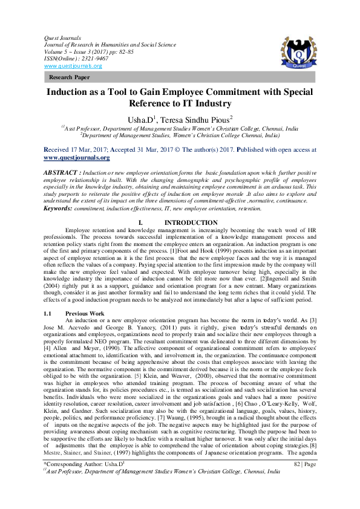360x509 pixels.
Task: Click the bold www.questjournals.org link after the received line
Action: pos(77,157)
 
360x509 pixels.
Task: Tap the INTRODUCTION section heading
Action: pos(191,222)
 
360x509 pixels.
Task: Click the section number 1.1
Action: pos(50,314)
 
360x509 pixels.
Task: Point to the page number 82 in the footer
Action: pos(297,481)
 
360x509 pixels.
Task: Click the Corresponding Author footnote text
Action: pos(83,481)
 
